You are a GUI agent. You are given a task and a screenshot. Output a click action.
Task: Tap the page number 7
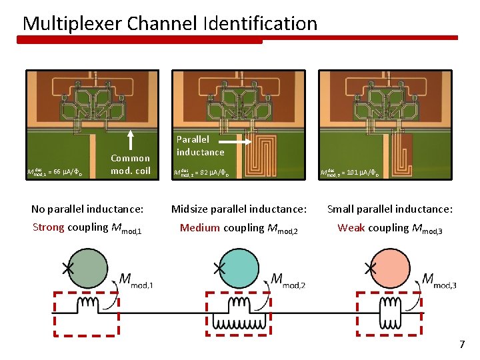pos(461,345)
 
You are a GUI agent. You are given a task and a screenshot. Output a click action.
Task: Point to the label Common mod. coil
pos(130,164)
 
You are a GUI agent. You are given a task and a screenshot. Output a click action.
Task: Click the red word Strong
pos(48,227)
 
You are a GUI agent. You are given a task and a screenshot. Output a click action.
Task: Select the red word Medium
pos(200,228)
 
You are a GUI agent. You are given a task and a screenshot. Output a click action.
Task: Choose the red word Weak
pos(351,228)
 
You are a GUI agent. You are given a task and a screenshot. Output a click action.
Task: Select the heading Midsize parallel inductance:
pos(239,209)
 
